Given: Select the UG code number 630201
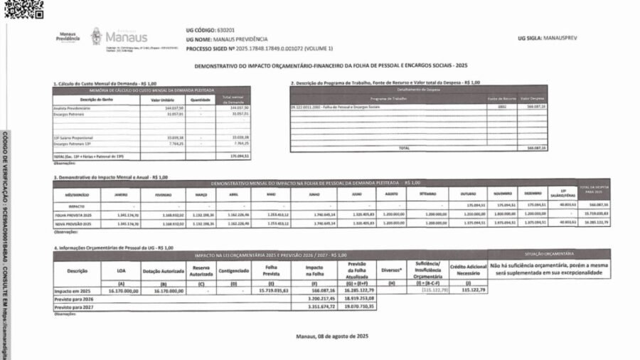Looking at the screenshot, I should tap(227, 31).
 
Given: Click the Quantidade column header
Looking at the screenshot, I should tap(200, 100).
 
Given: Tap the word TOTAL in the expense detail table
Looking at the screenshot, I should tap(405, 148).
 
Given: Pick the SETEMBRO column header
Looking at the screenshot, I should tap(427, 194).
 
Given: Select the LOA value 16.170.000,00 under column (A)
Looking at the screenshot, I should tap(122, 291).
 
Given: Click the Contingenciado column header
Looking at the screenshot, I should tap(234, 270).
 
